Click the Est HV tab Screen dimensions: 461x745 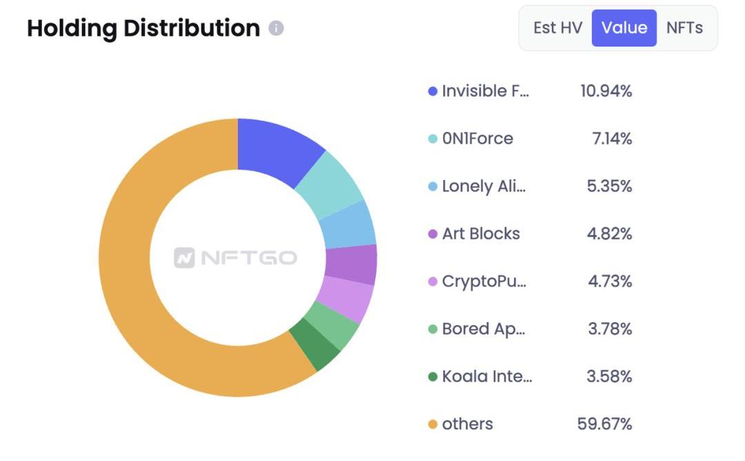[x=557, y=28]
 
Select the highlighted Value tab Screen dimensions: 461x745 [x=624, y=28]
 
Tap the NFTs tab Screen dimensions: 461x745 [x=684, y=28]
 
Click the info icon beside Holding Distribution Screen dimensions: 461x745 [x=276, y=28]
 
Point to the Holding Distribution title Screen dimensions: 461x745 [x=143, y=28]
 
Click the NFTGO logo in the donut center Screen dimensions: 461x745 [x=236, y=258]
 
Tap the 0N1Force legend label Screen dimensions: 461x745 [x=477, y=139]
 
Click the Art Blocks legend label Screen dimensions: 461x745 [x=481, y=234]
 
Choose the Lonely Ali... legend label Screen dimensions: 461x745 [x=484, y=186]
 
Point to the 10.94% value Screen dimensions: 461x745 [x=606, y=91]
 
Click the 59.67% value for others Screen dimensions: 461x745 [x=604, y=424]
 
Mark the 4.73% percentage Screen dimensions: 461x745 [x=609, y=282]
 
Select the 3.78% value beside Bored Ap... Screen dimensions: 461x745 [x=610, y=329]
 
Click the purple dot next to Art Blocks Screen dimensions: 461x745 [x=433, y=234]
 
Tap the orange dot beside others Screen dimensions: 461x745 [x=433, y=424]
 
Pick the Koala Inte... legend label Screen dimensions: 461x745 [x=487, y=377]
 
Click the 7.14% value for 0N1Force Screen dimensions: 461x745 [x=612, y=139]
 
